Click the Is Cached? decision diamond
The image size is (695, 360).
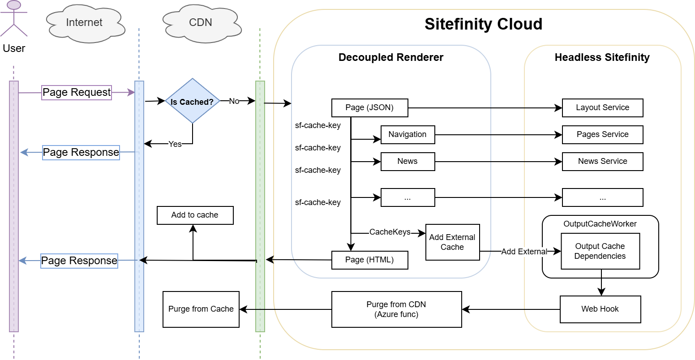[192, 101]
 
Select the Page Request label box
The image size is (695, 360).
[77, 92]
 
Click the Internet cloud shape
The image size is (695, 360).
[84, 23]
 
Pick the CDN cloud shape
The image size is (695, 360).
[201, 23]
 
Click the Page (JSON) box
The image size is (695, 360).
[369, 108]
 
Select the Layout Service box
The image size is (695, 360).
[602, 108]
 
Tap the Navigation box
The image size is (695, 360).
[408, 135]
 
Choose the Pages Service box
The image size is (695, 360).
[602, 135]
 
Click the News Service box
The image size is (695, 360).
[602, 162]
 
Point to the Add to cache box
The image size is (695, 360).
[195, 215]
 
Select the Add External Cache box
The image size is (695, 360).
[452, 242]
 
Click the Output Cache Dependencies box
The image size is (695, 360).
[600, 251]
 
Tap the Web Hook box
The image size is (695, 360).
[600, 309]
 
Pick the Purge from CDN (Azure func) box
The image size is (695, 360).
[396, 309]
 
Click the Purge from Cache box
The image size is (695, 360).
[201, 309]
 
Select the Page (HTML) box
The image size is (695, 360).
[369, 260]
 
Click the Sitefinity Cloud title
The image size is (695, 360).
[483, 24]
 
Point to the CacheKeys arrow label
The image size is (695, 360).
[390, 232]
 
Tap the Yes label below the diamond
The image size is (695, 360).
[175, 144]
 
